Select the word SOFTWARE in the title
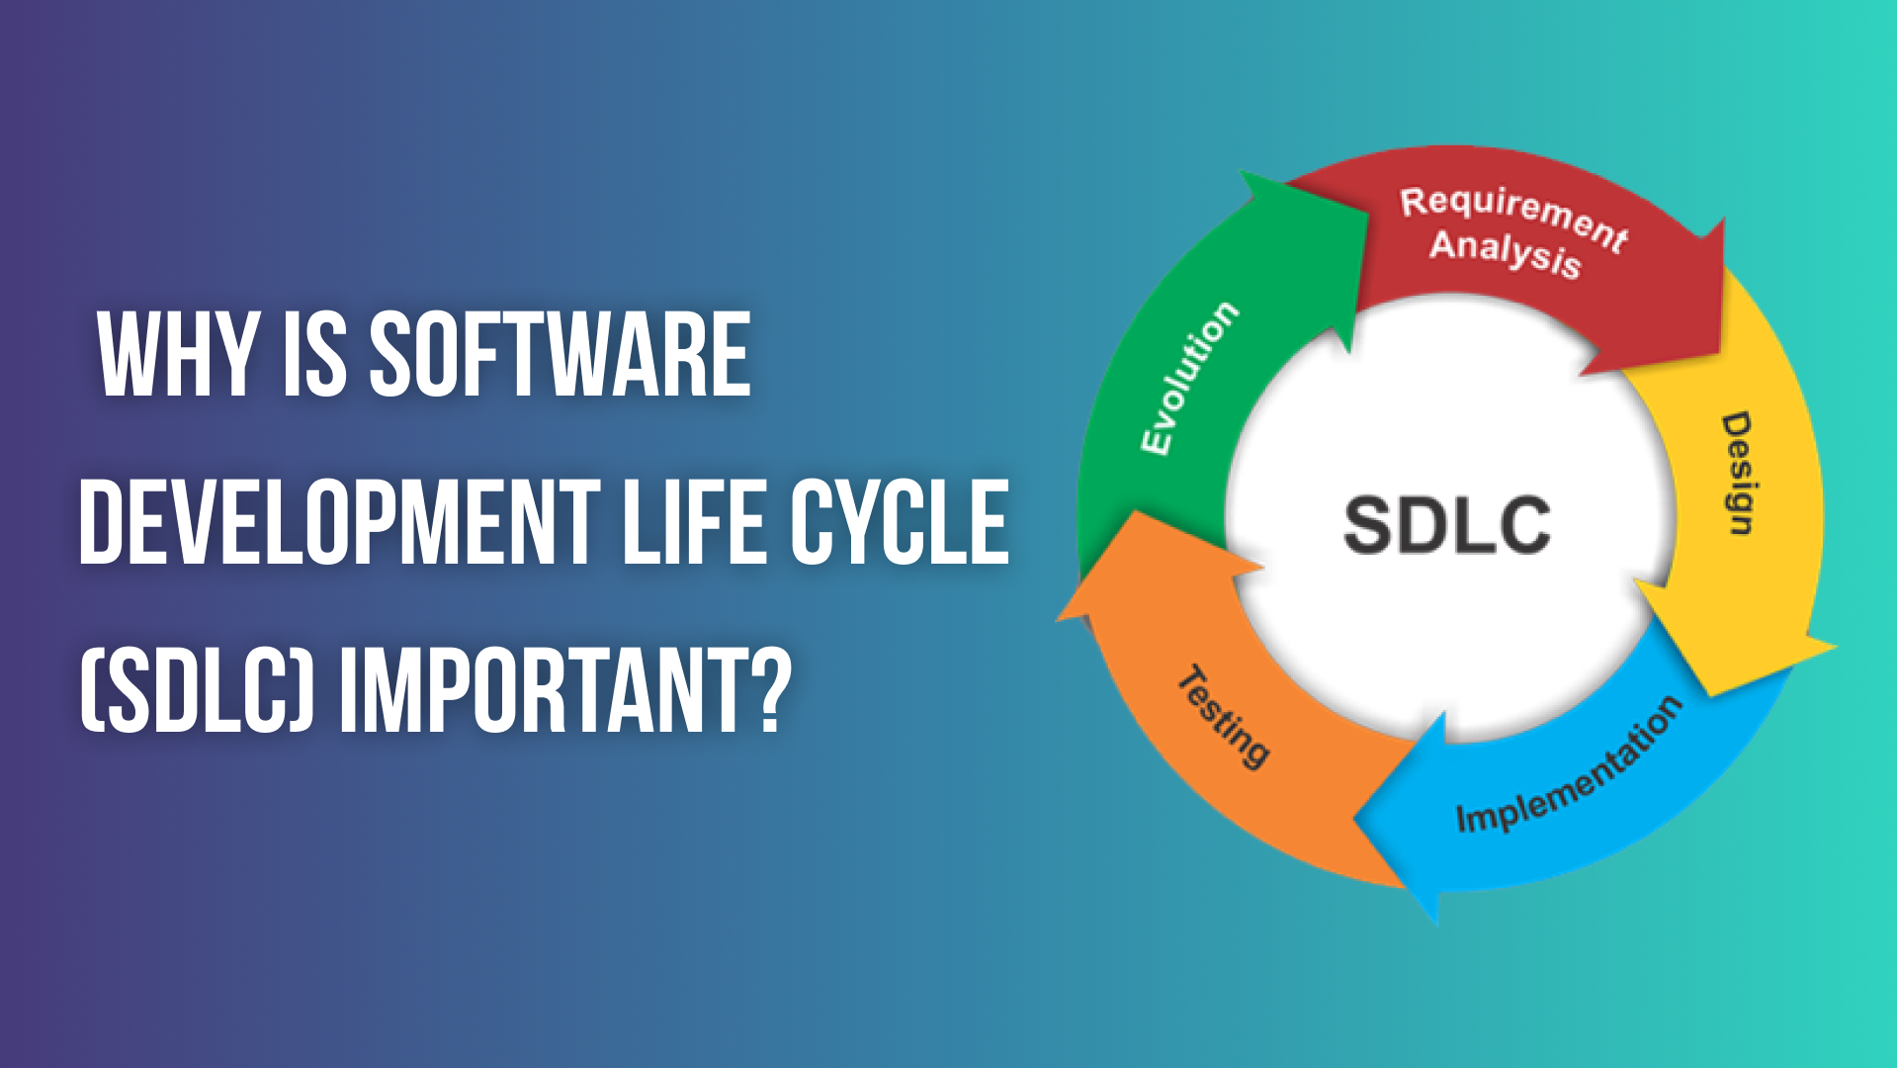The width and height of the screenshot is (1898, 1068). pos(560,355)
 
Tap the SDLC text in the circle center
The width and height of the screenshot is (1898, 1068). pos(1446,524)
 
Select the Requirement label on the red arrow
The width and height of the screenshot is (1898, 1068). pos(1512,218)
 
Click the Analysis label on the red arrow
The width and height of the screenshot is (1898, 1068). pos(1505,254)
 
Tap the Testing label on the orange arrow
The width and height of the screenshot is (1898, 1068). pos(1224,716)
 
